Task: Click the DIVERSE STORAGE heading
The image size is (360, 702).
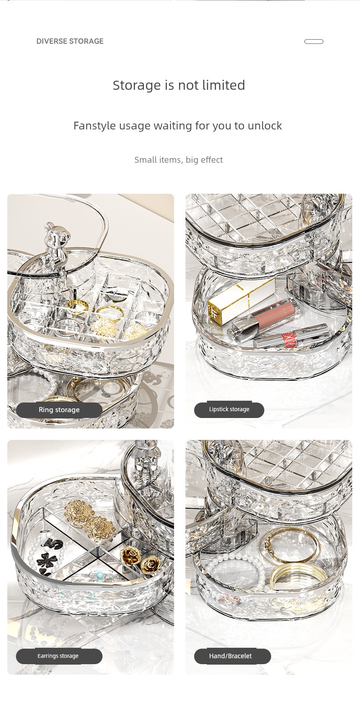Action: [x=70, y=41]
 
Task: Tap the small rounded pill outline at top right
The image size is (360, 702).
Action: [x=314, y=41]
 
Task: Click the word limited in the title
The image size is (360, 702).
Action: [x=223, y=85]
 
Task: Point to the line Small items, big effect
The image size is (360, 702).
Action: [x=179, y=160]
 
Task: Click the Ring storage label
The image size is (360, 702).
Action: [x=59, y=410]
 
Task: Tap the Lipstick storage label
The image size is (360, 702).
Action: [x=229, y=409]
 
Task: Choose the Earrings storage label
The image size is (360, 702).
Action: [x=58, y=656]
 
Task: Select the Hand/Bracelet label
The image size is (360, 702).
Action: [x=231, y=656]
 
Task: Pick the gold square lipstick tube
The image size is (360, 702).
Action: [x=241, y=301]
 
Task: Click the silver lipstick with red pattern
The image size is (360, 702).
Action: [x=291, y=337]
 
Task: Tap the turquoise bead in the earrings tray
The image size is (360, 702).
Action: [x=100, y=575]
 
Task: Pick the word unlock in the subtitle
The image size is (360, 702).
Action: [x=265, y=126]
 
